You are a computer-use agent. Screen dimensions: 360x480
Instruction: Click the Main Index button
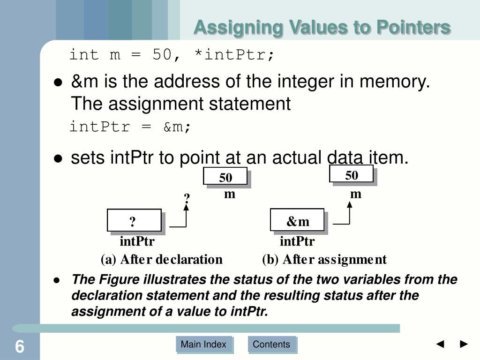(203, 345)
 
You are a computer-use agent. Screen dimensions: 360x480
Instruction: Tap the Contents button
(271, 345)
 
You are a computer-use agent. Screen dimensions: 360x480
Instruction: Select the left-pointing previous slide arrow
(440, 345)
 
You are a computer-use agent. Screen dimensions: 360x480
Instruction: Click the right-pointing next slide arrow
(464, 345)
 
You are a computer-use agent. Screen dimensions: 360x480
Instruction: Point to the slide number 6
(19, 347)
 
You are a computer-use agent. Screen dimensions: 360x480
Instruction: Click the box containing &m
(297, 221)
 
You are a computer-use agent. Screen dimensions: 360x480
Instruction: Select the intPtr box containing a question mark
(134, 221)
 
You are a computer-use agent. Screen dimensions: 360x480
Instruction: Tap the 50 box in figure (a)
(225, 178)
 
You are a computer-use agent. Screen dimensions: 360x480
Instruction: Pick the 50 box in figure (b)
(351, 175)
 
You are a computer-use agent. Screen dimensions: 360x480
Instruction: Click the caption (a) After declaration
(162, 259)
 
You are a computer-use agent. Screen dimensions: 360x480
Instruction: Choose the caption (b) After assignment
(324, 259)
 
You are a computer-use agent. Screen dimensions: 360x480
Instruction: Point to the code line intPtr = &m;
(130, 127)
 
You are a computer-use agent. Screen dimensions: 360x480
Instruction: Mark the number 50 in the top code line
(162, 55)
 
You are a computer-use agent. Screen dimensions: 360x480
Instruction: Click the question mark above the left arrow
(187, 198)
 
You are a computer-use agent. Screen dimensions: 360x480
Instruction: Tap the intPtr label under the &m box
(297, 242)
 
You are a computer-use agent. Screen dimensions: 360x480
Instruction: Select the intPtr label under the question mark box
(137, 242)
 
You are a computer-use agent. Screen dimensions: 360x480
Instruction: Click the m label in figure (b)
(356, 194)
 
